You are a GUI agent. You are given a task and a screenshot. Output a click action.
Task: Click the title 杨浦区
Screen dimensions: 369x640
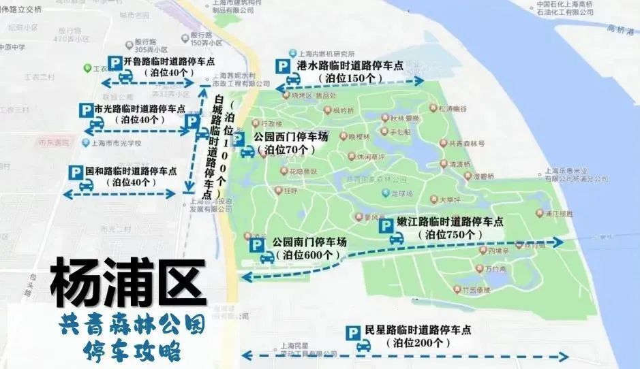tap(128, 282)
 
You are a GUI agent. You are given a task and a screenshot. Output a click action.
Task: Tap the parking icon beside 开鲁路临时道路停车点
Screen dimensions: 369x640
tap(115, 63)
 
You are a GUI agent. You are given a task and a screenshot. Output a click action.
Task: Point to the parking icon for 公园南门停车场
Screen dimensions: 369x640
tap(258, 245)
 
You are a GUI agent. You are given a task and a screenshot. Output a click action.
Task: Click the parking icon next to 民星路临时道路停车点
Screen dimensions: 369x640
tap(354, 334)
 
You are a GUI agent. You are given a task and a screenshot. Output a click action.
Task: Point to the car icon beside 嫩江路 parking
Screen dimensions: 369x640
tap(396, 239)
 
